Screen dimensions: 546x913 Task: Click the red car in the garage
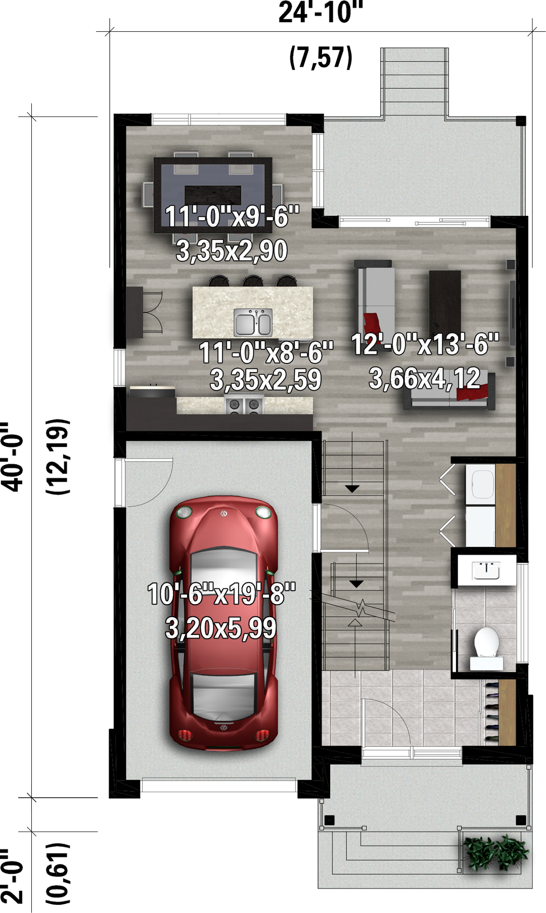[x=223, y=623]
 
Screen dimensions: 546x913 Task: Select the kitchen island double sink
[x=253, y=322]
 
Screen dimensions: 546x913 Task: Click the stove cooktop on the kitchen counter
[x=244, y=405]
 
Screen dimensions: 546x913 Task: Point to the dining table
[x=213, y=195]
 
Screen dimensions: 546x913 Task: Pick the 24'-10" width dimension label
[x=321, y=13]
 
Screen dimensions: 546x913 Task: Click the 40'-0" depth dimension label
[x=13, y=456]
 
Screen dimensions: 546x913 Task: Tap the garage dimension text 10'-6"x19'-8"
[x=221, y=594]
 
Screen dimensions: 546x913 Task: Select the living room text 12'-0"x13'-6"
[x=425, y=344]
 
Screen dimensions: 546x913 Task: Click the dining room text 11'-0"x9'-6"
[x=232, y=216]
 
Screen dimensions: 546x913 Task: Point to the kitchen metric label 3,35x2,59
[x=265, y=380]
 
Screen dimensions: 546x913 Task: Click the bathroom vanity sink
[x=486, y=570]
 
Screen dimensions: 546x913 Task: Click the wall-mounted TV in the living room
[x=512, y=313]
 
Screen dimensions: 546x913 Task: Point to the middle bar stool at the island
[x=253, y=281]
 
